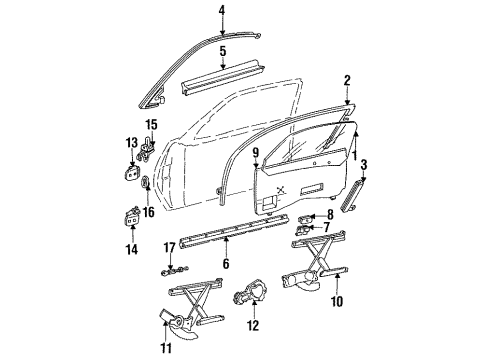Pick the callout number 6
[x=227, y=263]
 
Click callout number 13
[x=131, y=143]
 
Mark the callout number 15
[x=152, y=125]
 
